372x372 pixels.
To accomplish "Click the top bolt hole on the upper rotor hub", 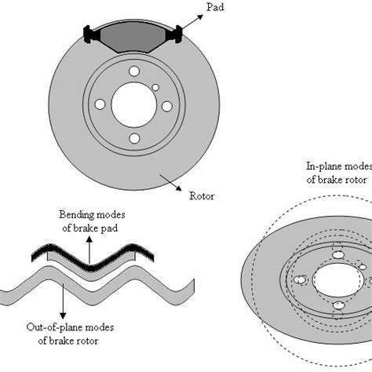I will [133, 71].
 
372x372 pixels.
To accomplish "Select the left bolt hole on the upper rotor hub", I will [100, 104].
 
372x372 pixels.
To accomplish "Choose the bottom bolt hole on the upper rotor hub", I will [133, 138].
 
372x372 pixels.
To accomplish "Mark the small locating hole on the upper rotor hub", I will [155, 88].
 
